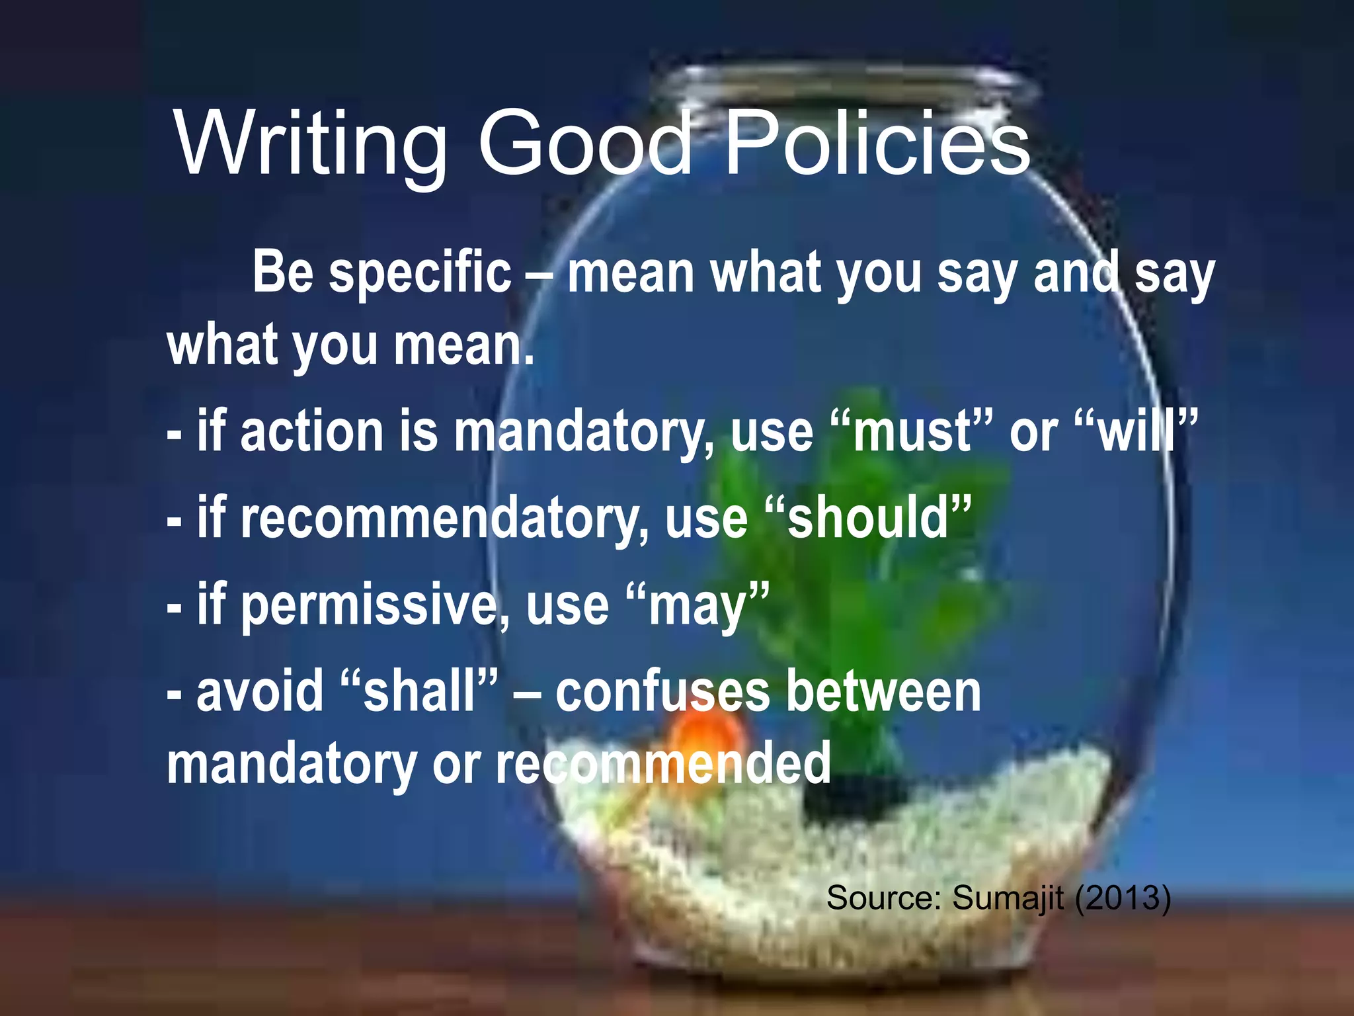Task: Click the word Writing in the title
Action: tap(311, 144)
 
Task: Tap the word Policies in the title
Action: tap(877, 144)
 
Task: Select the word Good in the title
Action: tap(584, 144)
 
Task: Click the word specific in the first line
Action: tap(420, 273)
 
